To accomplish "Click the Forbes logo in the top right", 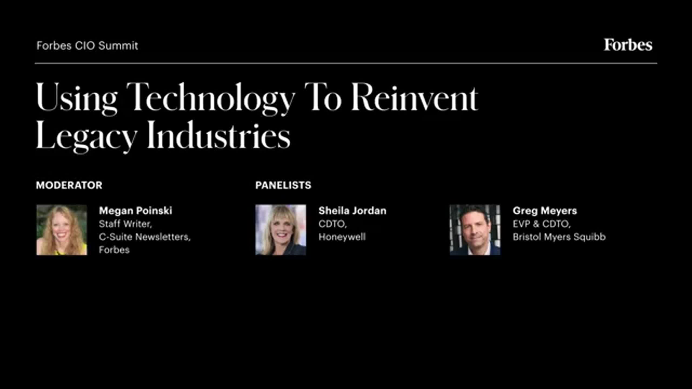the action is point(628,45).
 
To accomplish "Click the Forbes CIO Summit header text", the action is point(87,46).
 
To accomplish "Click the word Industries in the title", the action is point(219,135).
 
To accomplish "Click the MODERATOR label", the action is point(69,185).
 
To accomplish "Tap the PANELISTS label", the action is point(283,185).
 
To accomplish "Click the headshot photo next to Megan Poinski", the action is point(62,230).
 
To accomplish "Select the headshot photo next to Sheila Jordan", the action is point(281,230).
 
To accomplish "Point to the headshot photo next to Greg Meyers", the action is point(475,230).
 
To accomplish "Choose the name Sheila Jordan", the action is point(352,211).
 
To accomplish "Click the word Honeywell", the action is point(342,237).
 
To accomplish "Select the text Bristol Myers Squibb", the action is point(559,237).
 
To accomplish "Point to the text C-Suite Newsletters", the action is point(144,237).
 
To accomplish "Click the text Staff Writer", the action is point(125,224).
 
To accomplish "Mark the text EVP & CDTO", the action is point(541,224).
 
